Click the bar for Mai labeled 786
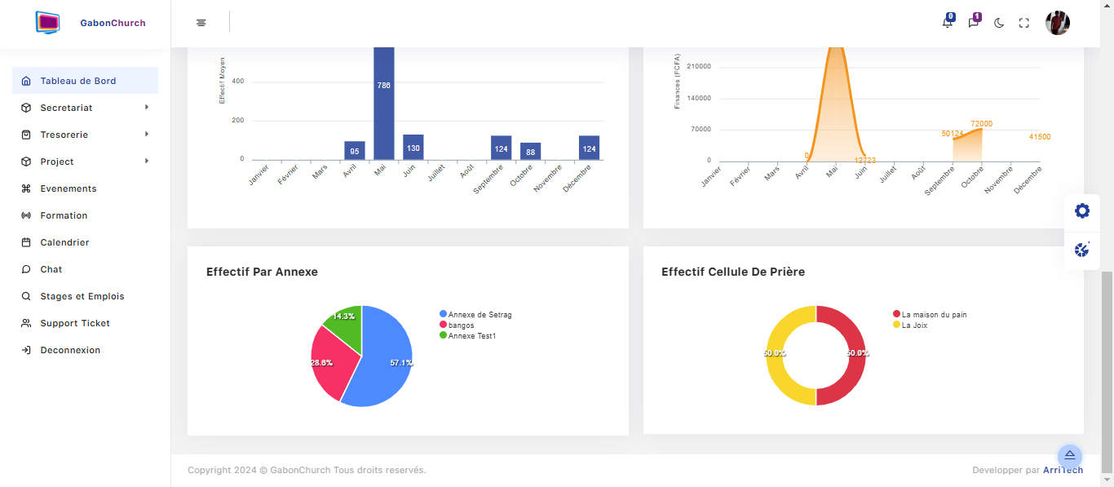(x=384, y=104)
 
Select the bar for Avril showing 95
(x=355, y=151)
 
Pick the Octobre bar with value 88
(x=531, y=151)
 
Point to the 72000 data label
(x=981, y=123)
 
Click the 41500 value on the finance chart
(x=1040, y=137)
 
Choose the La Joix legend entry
(x=910, y=325)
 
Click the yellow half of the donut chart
(x=774, y=356)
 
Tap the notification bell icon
(x=948, y=22)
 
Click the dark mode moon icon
(x=999, y=23)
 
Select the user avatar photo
(x=1057, y=23)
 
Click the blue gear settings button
(x=1082, y=211)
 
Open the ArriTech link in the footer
(x=1063, y=470)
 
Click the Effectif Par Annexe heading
(x=262, y=272)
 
